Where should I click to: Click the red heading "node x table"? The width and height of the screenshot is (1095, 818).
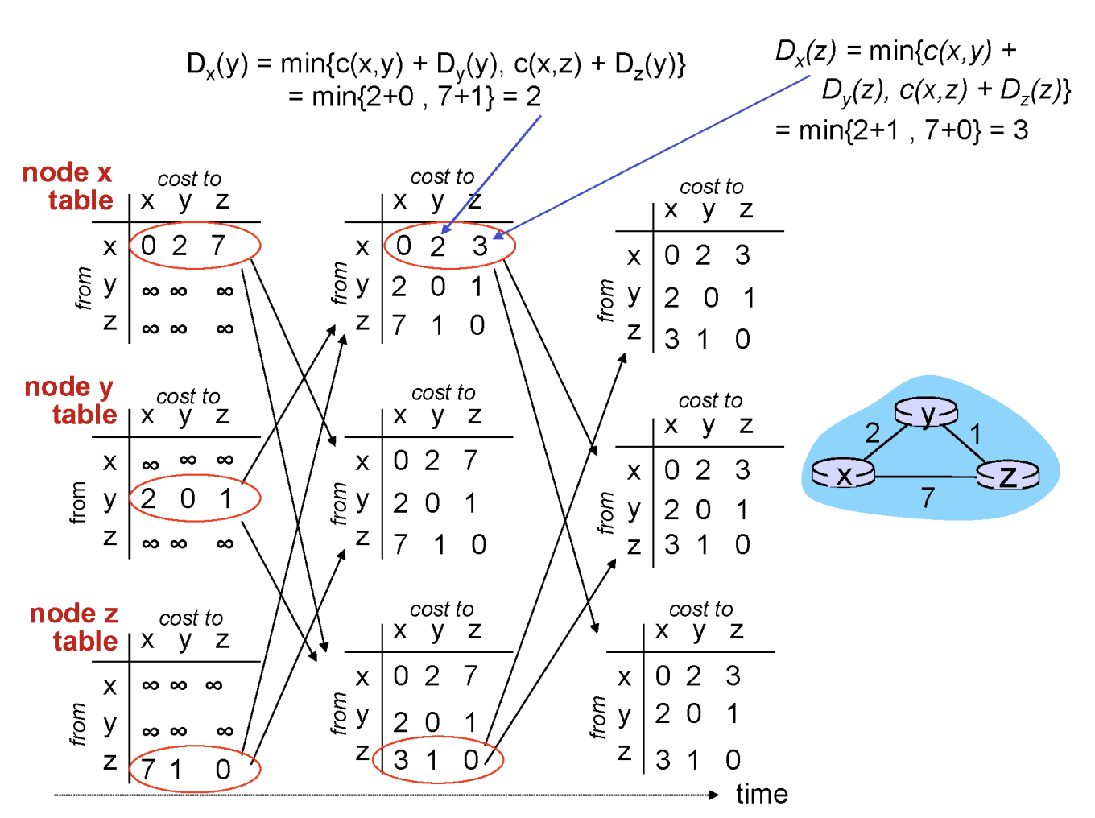[x=68, y=186]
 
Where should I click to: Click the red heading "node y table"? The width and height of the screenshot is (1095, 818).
[x=71, y=400]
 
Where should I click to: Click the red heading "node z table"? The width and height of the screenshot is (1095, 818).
[x=74, y=627]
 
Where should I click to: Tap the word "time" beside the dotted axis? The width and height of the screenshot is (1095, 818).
[x=762, y=795]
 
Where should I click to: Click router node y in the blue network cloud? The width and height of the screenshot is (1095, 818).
[x=927, y=413]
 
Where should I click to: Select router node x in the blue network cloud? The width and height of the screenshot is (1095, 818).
[x=843, y=473]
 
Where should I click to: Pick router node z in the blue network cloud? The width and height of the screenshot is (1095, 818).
[x=1008, y=476]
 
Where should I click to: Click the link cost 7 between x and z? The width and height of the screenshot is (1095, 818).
[x=928, y=498]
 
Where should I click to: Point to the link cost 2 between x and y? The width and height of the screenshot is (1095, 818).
[x=872, y=433]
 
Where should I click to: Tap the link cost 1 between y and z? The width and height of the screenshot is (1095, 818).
[x=976, y=434]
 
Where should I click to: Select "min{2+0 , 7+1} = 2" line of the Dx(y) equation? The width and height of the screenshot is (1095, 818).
[x=415, y=97]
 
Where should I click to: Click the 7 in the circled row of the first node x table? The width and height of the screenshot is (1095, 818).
[x=218, y=245]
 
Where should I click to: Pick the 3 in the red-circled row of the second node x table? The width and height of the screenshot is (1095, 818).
[x=480, y=246]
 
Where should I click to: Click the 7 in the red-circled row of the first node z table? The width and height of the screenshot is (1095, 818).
[x=147, y=770]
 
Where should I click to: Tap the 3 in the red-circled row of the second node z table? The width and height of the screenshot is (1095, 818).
[x=401, y=759]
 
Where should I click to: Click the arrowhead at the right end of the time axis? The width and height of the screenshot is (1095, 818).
[x=713, y=795]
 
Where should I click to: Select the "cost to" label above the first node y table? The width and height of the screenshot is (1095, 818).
[x=188, y=396]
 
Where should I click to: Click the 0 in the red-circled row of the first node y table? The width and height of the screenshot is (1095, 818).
[x=188, y=498]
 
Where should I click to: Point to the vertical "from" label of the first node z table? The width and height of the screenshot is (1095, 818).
[x=78, y=724]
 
